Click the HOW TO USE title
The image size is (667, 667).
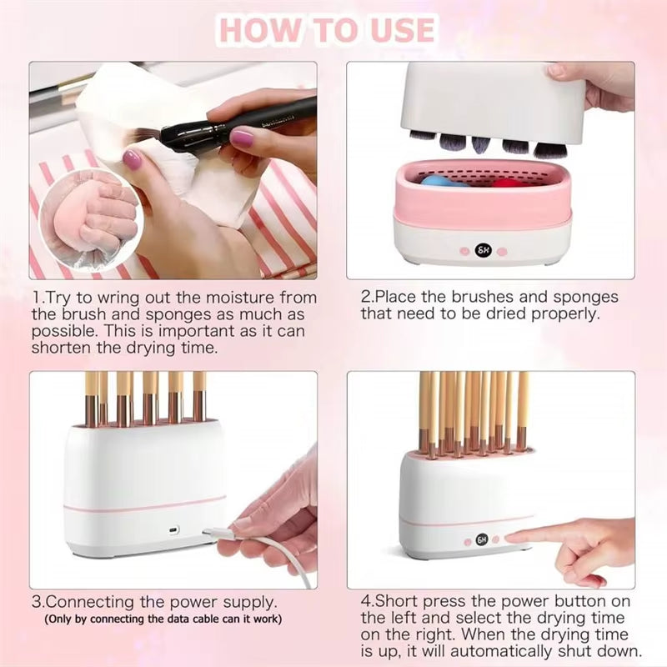point(327,30)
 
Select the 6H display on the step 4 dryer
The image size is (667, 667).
point(483,539)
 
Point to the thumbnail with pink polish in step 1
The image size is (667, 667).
point(132,158)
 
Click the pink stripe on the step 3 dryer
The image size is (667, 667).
point(145,504)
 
